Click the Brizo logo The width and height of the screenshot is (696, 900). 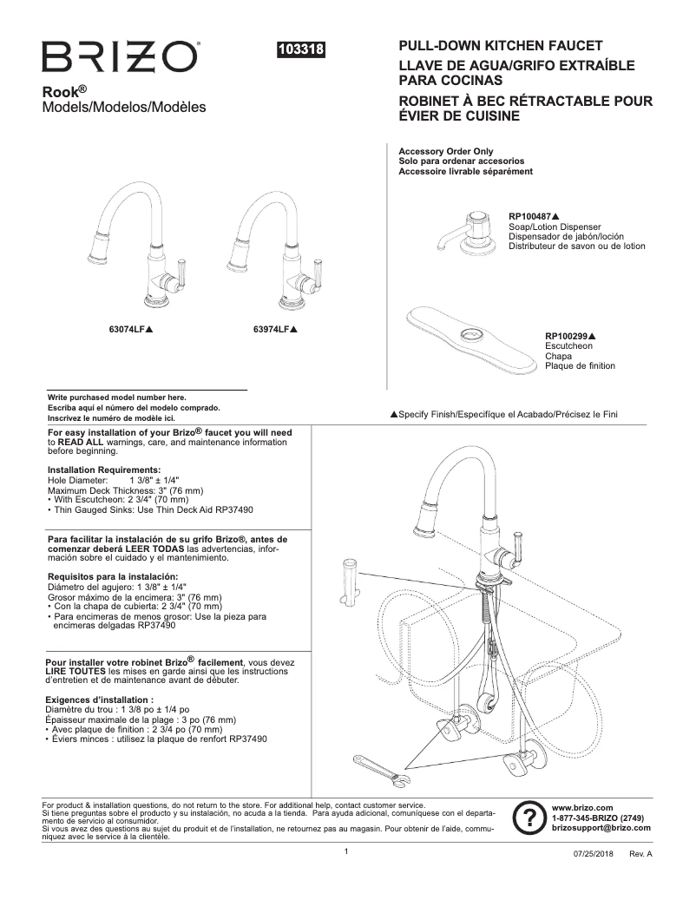pyautogui.click(x=121, y=57)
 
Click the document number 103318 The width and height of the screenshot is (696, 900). pyautogui.click(x=299, y=50)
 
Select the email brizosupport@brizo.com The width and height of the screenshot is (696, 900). pyautogui.click(x=601, y=828)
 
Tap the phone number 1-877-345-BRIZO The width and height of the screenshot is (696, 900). pyautogui.click(x=597, y=818)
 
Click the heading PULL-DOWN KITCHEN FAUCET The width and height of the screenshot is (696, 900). pyautogui.click(x=500, y=45)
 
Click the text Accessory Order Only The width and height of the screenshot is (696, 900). pyautogui.click(x=445, y=151)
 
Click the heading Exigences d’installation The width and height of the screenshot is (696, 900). pyautogui.click(x=99, y=699)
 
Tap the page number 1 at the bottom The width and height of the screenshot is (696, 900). pyautogui.click(x=345, y=851)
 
